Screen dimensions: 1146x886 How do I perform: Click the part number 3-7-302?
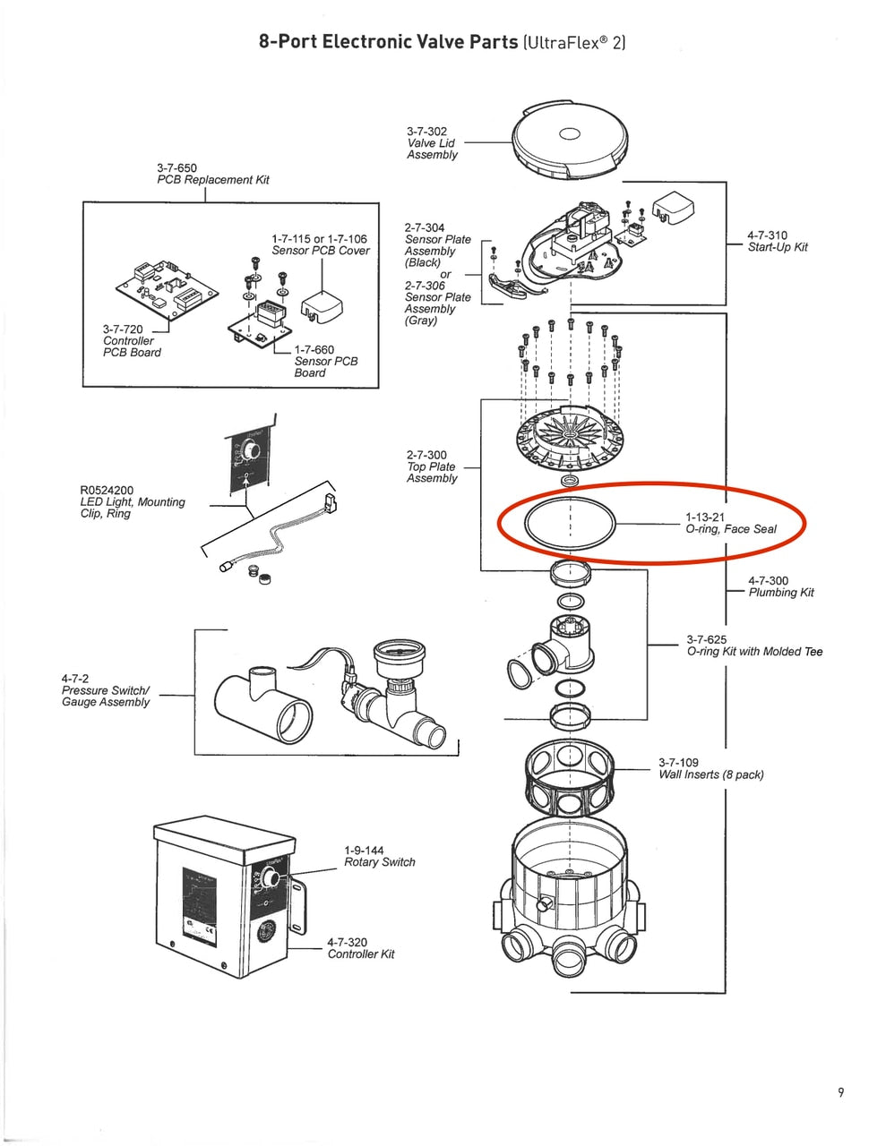pos(426,132)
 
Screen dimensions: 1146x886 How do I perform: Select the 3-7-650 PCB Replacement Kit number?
pos(176,168)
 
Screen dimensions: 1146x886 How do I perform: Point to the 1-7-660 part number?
pos(314,350)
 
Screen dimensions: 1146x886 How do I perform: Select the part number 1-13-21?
pos(705,517)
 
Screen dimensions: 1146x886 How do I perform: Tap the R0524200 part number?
pos(107,491)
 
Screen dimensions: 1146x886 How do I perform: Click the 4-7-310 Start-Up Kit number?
pos(768,235)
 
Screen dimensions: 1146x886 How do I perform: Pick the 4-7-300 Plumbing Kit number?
pos(768,581)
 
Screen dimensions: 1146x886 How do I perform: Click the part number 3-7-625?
pos(707,639)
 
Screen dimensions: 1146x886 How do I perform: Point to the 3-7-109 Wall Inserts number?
pos(678,763)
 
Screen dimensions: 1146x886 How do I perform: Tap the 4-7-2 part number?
pos(75,679)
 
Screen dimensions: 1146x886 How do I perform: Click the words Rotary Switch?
pos(380,862)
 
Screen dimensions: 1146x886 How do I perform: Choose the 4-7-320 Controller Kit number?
pos(347,942)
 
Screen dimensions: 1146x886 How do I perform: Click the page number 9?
pos(840,1091)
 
